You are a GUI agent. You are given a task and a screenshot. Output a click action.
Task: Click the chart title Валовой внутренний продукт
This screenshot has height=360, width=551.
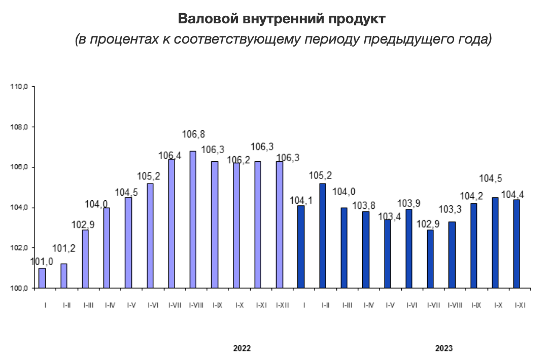(x=282, y=19)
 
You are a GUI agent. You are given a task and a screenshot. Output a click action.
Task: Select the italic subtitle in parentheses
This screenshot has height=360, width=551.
(x=283, y=39)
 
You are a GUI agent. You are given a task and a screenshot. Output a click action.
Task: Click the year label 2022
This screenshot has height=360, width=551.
(x=242, y=348)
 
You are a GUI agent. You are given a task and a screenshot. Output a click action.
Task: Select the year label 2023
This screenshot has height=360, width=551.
(x=444, y=348)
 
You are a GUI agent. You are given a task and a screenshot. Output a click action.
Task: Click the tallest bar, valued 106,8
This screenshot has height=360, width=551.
(x=193, y=220)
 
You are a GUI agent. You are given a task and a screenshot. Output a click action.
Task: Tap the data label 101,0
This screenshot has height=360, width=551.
(x=42, y=262)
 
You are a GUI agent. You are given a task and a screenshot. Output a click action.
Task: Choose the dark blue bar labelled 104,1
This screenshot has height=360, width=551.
(x=301, y=247)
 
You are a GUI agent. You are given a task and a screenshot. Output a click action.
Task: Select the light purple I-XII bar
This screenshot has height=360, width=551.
(x=280, y=225)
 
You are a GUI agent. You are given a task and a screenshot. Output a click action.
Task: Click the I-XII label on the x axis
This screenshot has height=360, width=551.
(x=282, y=306)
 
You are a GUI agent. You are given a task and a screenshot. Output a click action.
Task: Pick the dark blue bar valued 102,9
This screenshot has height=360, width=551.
(x=430, y=259)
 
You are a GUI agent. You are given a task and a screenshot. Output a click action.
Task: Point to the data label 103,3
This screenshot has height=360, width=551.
(x=450, y=210)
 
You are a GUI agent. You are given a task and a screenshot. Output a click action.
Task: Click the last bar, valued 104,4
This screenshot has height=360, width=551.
(x=516, y=244)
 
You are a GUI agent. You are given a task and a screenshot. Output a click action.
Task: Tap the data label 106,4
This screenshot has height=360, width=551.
(x=170, y=156)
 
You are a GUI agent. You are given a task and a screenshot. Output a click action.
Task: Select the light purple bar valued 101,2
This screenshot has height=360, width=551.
(x=63, y=276)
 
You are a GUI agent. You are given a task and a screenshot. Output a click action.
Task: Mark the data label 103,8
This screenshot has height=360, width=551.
(x=364, y=205)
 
